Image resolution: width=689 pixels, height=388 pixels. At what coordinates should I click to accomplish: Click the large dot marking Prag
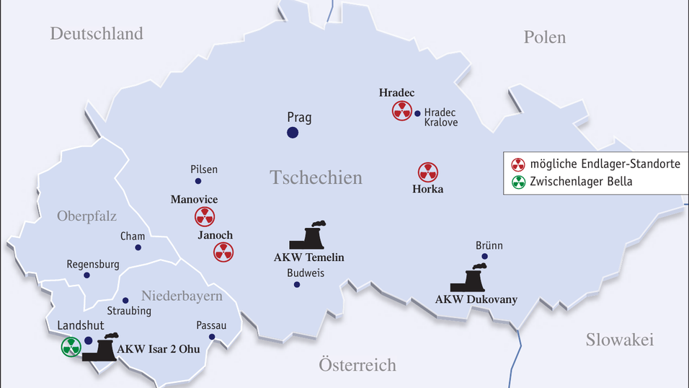coord(292,132)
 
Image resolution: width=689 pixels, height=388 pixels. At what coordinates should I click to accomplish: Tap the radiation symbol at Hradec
coord(401,111)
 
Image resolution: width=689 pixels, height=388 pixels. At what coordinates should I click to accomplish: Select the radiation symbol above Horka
coord(428,172)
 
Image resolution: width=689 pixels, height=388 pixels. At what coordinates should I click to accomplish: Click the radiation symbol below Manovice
coord(205,216)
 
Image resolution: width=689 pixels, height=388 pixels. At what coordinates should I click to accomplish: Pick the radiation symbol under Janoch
coord(223,252)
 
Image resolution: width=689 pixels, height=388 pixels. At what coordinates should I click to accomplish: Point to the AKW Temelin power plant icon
coord(308,236)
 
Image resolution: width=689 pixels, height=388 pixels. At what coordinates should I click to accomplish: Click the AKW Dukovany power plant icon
coord(469,278)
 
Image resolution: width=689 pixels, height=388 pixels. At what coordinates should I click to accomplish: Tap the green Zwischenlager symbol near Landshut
coord(71,347)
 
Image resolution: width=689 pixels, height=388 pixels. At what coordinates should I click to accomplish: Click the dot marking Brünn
coord(484,256)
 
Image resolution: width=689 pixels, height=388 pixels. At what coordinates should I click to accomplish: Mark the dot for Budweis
coord(296,284)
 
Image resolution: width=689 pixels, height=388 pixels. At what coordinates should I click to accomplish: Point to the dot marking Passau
coord(212,337)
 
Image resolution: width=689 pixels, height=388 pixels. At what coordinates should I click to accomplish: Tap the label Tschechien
coord(316,177)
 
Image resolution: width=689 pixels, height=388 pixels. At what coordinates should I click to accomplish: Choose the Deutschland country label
coord(97,33)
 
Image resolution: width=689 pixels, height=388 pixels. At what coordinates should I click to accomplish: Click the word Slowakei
coord(619,340)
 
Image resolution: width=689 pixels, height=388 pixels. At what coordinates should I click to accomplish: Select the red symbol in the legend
coord(518,164)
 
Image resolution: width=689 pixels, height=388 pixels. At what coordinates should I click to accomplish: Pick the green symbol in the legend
coord(518,182)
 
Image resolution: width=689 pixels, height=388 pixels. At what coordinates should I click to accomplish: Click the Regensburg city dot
coord(86,275)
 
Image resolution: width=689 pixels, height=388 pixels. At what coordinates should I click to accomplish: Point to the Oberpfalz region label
coord(86,216)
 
